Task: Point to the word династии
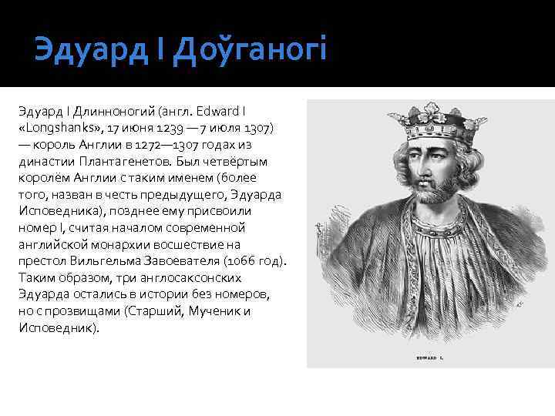click(x=41, y=160)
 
